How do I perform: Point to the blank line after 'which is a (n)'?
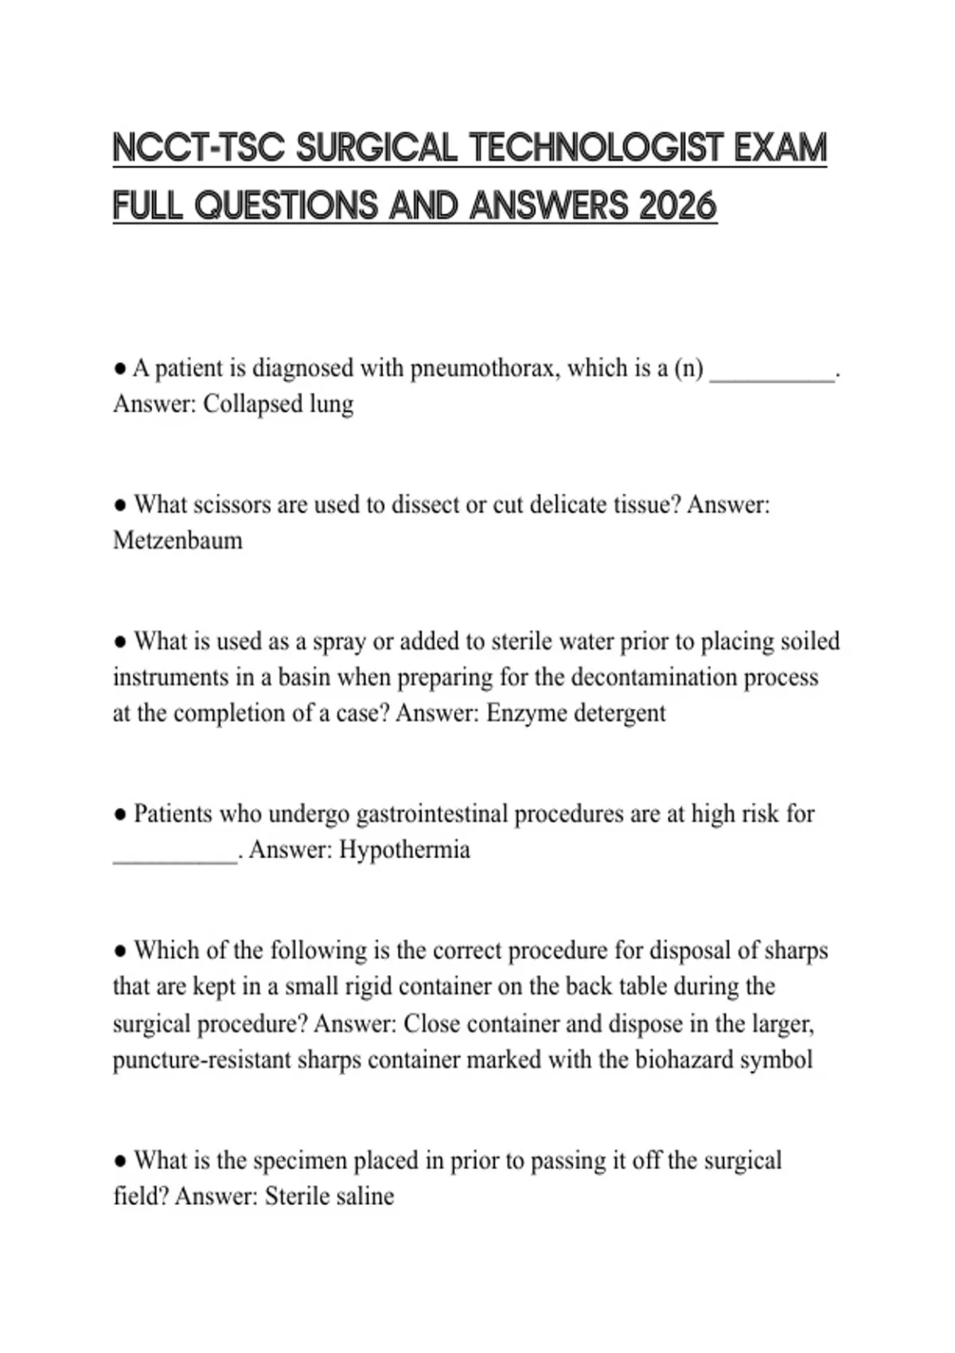click(771, 374)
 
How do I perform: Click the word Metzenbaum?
click(177, 541)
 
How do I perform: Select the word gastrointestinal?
click(431, 814)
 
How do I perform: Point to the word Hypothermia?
click(404, 850)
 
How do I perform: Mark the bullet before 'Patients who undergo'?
click(120, 815)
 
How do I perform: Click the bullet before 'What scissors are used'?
click(120, 505)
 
